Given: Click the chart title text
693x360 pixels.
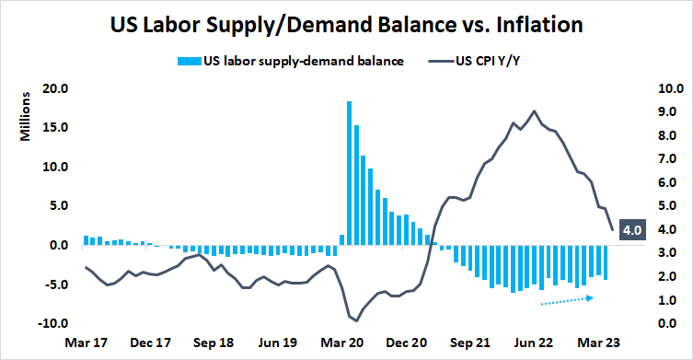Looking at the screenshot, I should [x=346, y=22].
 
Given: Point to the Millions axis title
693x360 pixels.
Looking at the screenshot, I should [x=27, y=119].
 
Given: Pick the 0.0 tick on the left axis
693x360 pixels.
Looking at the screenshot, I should [x=57, y=246].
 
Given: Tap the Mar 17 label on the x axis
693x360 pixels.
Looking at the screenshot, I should [x=86, y=343].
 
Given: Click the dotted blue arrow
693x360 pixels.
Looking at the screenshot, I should [x=569, y=300].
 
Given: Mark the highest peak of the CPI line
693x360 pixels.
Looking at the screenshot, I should [x=534, y=111].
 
